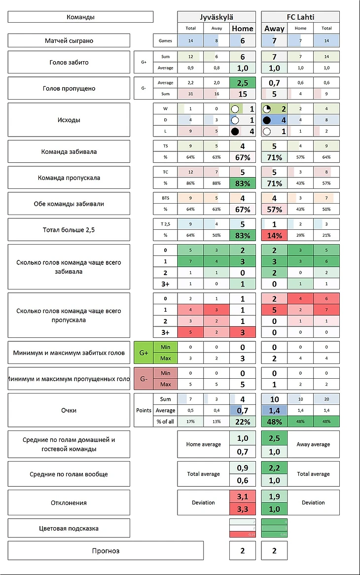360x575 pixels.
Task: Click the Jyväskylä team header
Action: coord(216,17)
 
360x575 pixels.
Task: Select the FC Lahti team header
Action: coord(300,17)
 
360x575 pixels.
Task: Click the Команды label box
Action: coord(80,17)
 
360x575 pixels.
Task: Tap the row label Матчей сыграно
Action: coord(69,40)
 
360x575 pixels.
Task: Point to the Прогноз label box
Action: coord(106,550)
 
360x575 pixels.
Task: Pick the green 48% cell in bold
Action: coord(274,422)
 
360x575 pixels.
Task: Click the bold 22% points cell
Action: coord(242,422)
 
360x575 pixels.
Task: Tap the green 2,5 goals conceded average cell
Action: coord(242,82)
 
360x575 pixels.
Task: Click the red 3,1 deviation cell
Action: coord(242,497)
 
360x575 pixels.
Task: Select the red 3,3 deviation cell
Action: coord(242,509)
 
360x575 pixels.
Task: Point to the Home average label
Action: coord(203,444)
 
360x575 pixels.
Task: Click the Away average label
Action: coord(313,444)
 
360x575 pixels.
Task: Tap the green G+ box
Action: coord(144,353)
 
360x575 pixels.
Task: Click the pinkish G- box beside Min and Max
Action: coord(144,379)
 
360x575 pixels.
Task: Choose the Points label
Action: coord(144,410)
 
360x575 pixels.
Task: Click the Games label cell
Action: coord(165,40)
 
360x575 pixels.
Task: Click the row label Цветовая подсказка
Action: coord(69,528)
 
